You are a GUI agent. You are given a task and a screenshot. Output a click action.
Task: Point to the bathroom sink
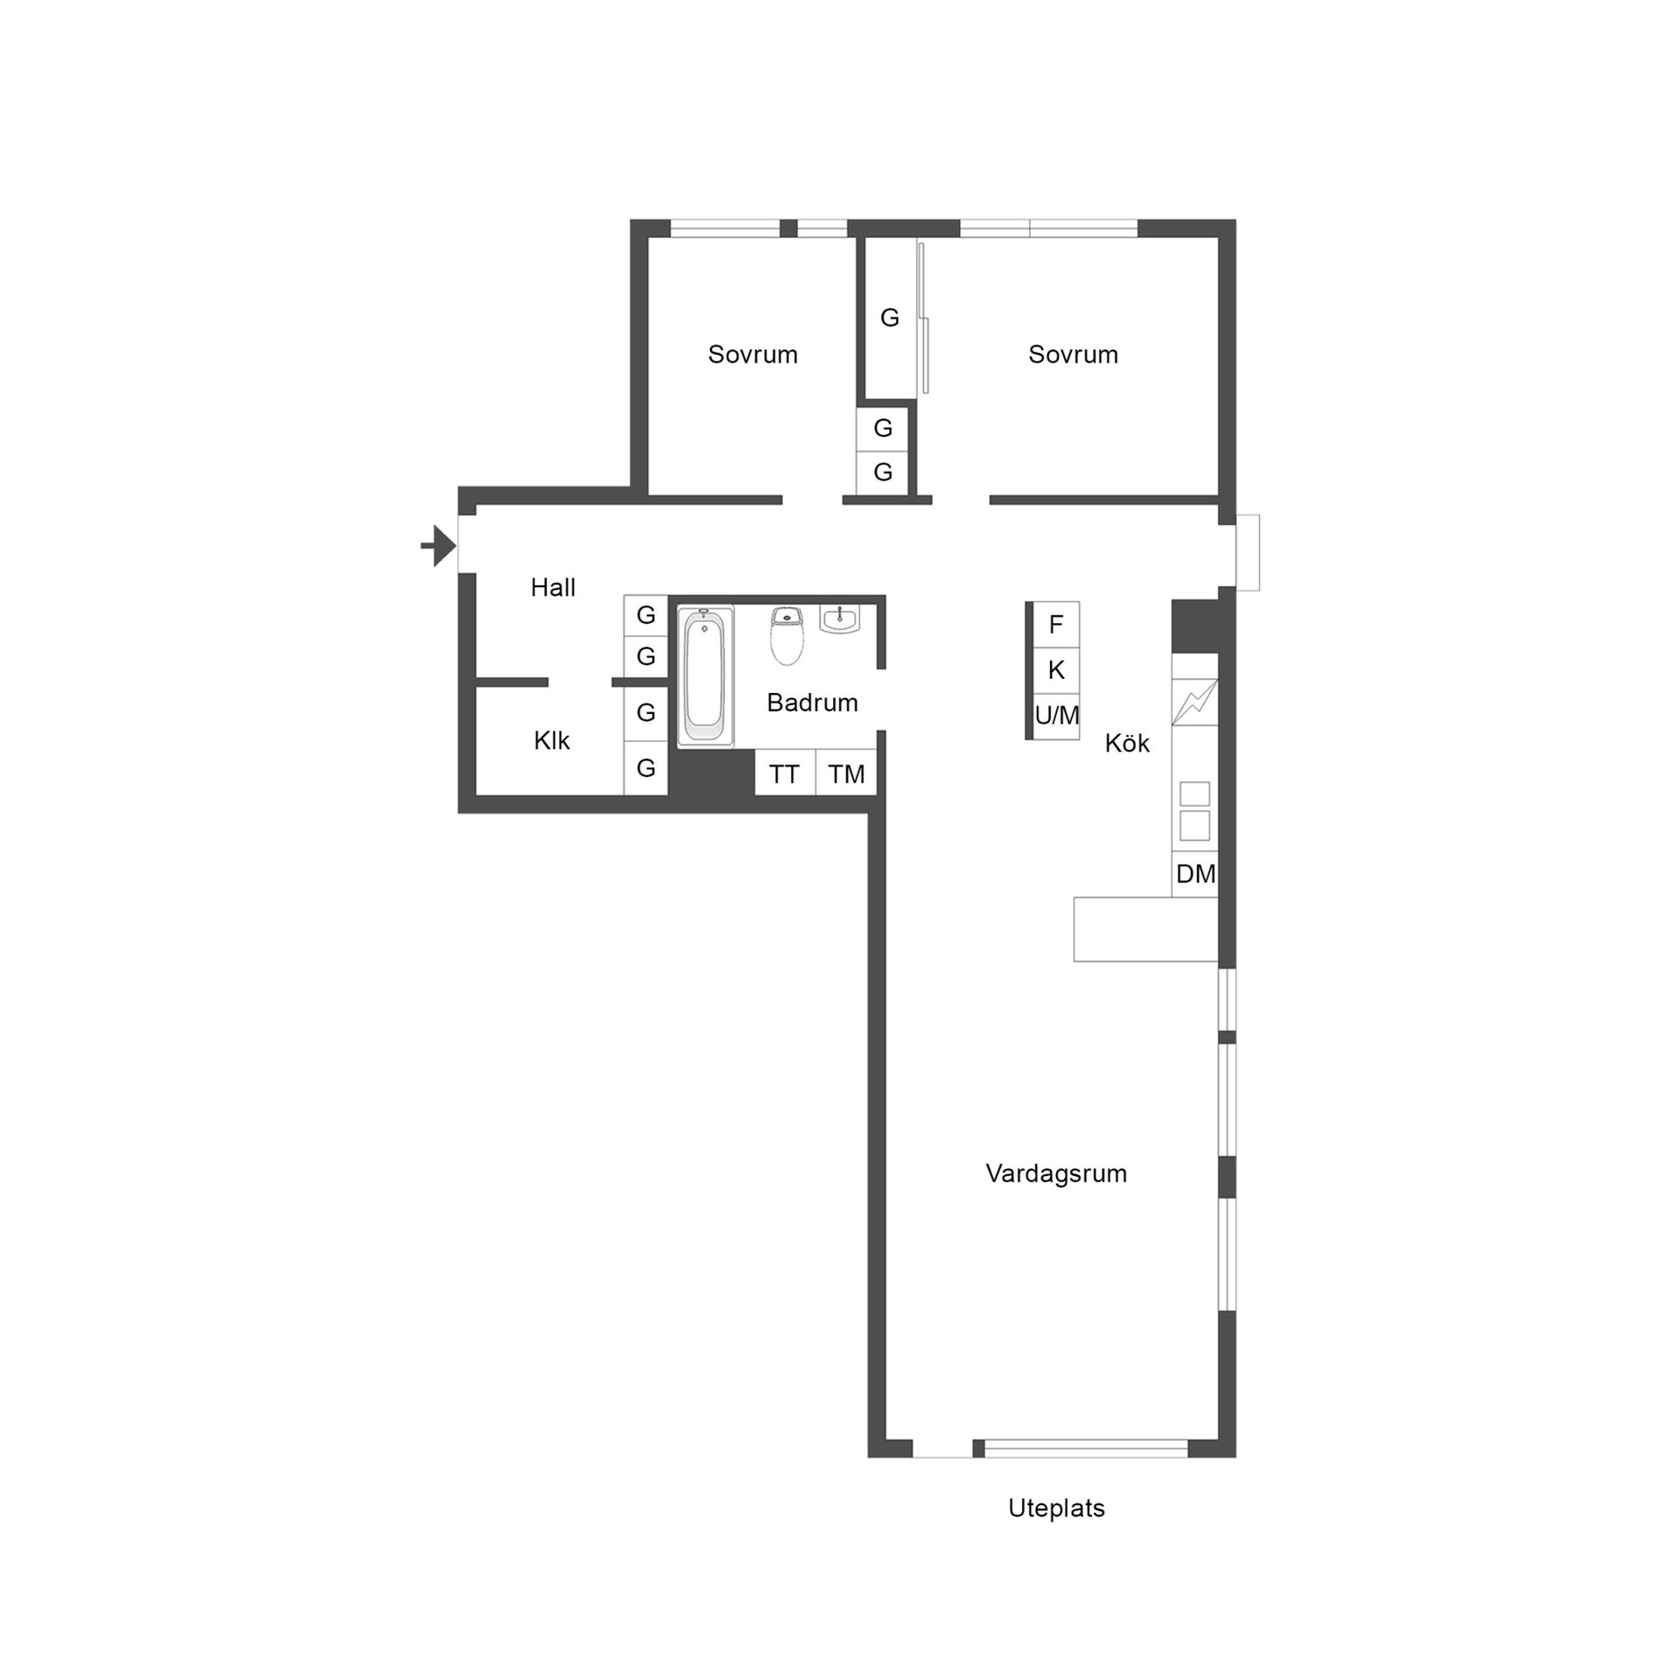pos(840,619)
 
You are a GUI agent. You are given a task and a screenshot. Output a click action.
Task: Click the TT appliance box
pos(785,773)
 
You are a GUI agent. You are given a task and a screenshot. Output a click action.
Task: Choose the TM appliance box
pos(846,773)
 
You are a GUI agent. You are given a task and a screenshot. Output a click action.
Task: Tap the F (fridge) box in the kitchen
pos(1056,625)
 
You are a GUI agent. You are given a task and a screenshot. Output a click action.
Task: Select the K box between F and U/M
pos(1056,670)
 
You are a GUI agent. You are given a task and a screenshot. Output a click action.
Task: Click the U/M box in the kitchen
pos(1056,717)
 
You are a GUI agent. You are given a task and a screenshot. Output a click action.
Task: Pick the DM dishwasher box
pos(1195,873)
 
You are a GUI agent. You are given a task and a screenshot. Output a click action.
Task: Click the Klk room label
pos(551,741)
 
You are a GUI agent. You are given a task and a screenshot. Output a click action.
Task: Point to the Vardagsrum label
pos(1056,1173)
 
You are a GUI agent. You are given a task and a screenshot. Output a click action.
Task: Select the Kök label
pos(1127,744)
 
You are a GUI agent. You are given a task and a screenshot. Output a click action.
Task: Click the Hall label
pos(553,588)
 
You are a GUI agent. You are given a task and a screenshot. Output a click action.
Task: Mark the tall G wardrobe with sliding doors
pos(890,318)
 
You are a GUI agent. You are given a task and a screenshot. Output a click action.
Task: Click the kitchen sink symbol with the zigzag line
pos(1195,702)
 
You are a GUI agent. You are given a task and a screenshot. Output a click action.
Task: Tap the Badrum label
pos(812,703)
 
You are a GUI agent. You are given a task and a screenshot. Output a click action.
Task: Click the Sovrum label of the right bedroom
pos(1073,354)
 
